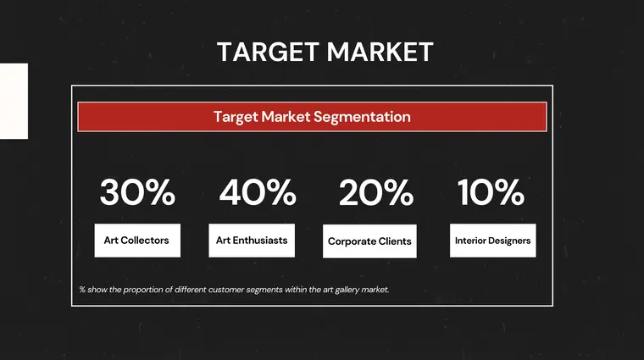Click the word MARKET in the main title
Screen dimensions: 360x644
pos(380,52)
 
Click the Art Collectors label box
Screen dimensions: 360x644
pos(136,241)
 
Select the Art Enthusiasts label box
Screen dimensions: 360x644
pos(252,241)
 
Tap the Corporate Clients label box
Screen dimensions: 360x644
pos(369,241)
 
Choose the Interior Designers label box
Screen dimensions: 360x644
pos(492,241)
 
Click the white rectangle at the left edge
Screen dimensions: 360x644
pos(14,101)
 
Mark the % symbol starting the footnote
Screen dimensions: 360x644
pos(82,290)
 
